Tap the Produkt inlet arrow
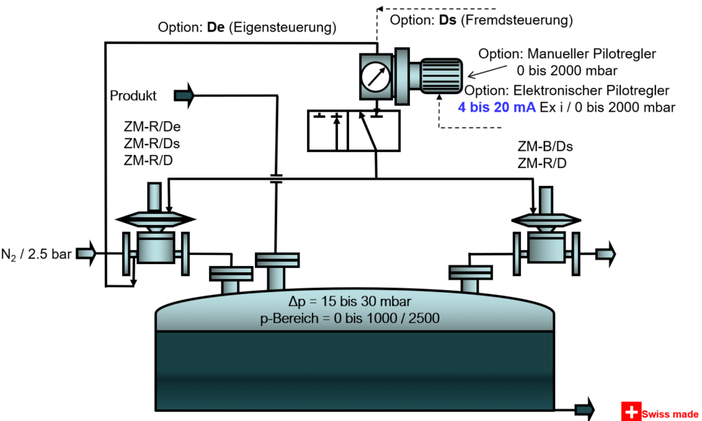184,96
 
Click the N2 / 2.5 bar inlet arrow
86,254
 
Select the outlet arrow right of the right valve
605,254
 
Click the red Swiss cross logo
631,411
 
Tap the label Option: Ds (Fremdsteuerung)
481,21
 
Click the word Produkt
134,96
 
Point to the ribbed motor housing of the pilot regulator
440,75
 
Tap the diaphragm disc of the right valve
546,219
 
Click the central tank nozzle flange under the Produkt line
276,260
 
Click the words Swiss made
670,414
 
